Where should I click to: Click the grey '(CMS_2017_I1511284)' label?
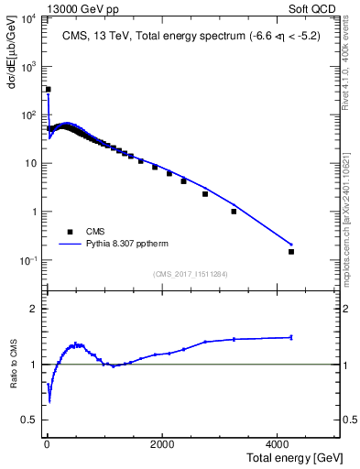[191, 273]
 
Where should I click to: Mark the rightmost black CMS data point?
[291, 251]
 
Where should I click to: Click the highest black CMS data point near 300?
[48, 90]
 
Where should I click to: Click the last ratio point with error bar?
[291, 337]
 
